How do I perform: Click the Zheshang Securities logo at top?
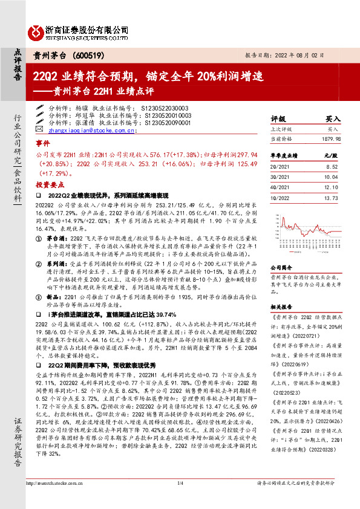(x=79, y=31)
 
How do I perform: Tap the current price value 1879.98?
(x=330, y=138)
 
